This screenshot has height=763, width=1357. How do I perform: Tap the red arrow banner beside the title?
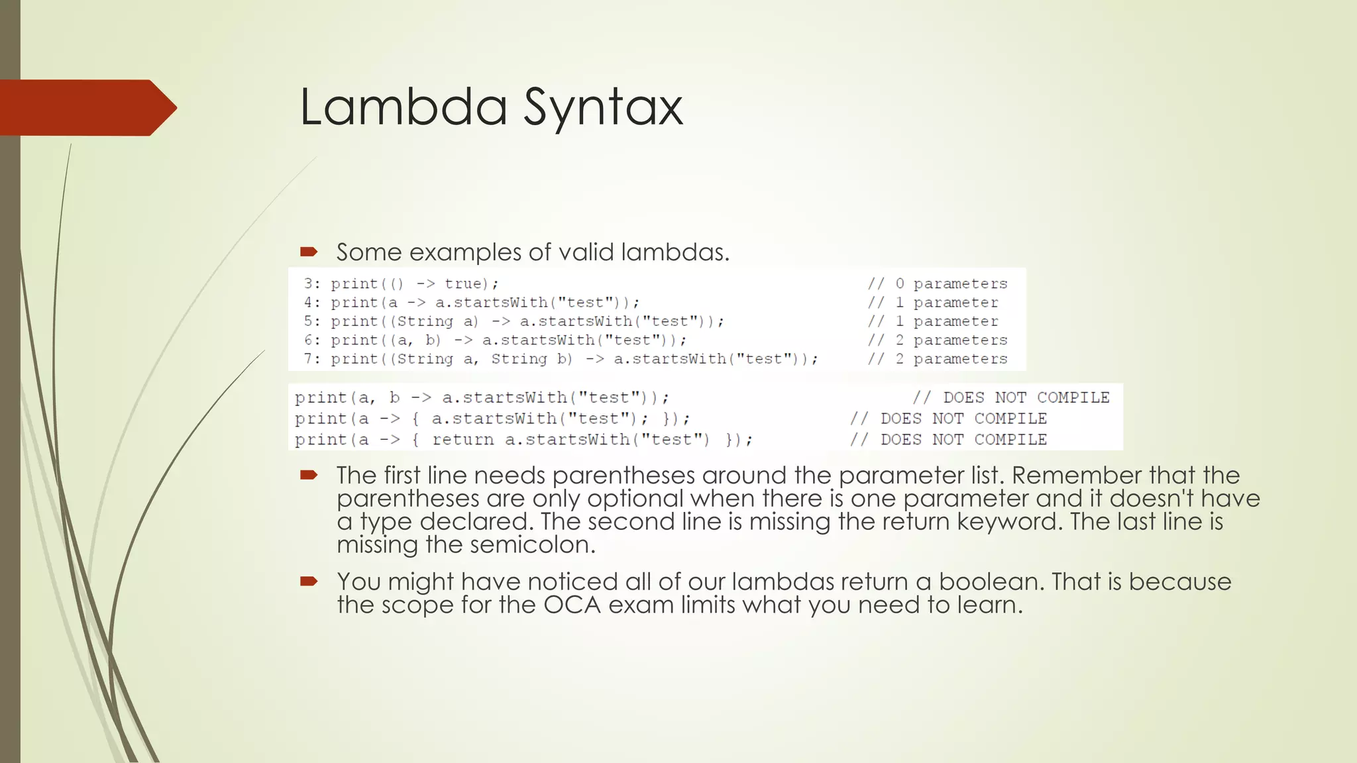tap(86, 107)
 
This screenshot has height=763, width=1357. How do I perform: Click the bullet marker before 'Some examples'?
tap(309, 252)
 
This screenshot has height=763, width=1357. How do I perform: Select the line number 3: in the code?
tap(312, 283)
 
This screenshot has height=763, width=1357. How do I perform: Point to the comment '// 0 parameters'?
tap(937, 283)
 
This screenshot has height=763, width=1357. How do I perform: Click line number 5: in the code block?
tap(312, 321)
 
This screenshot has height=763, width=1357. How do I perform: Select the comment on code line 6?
tap(937, 340)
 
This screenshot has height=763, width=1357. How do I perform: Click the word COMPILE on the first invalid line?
tap(1073, 397)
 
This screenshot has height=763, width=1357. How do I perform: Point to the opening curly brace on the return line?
tap(415, 440)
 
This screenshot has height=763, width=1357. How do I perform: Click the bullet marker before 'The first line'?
tap(309, 475)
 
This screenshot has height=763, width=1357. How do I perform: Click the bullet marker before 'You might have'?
tap(309, 582)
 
